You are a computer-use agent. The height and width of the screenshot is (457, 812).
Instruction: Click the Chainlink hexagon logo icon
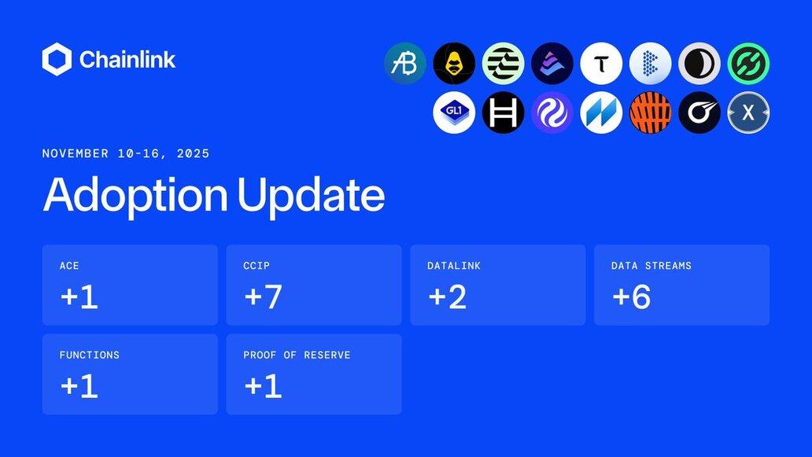(57, 60)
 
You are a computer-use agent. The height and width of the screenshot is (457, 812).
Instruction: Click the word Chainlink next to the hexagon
(127, 60)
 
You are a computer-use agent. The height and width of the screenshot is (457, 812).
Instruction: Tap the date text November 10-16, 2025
(126, 153)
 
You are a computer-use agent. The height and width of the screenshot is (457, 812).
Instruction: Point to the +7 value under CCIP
(263, 297)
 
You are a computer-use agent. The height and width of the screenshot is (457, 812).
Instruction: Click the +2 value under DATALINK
(448, 297)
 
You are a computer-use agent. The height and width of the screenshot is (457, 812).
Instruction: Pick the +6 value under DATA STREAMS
(631, 297)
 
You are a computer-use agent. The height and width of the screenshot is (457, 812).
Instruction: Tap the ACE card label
(69, 266)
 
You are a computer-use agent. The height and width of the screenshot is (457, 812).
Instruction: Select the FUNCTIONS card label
(90, 355)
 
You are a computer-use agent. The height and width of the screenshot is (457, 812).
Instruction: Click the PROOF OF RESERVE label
(297, 355)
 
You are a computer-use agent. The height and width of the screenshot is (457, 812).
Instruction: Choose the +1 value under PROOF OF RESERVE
(263, 386)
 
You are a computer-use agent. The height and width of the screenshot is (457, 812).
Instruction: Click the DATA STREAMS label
(651, 266)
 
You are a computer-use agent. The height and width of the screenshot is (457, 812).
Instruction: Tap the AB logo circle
(405, 64)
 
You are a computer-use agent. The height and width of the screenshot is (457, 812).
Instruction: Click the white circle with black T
(601, 64)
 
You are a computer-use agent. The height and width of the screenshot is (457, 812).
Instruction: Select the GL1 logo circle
(454, 112)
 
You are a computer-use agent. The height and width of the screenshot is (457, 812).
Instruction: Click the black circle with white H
(503, 112)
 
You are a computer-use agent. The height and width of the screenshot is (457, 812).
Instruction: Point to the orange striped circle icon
(651, 112)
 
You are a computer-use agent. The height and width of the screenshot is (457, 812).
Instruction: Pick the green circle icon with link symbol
(748, 64)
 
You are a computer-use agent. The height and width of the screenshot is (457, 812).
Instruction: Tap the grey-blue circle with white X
(748, 112)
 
